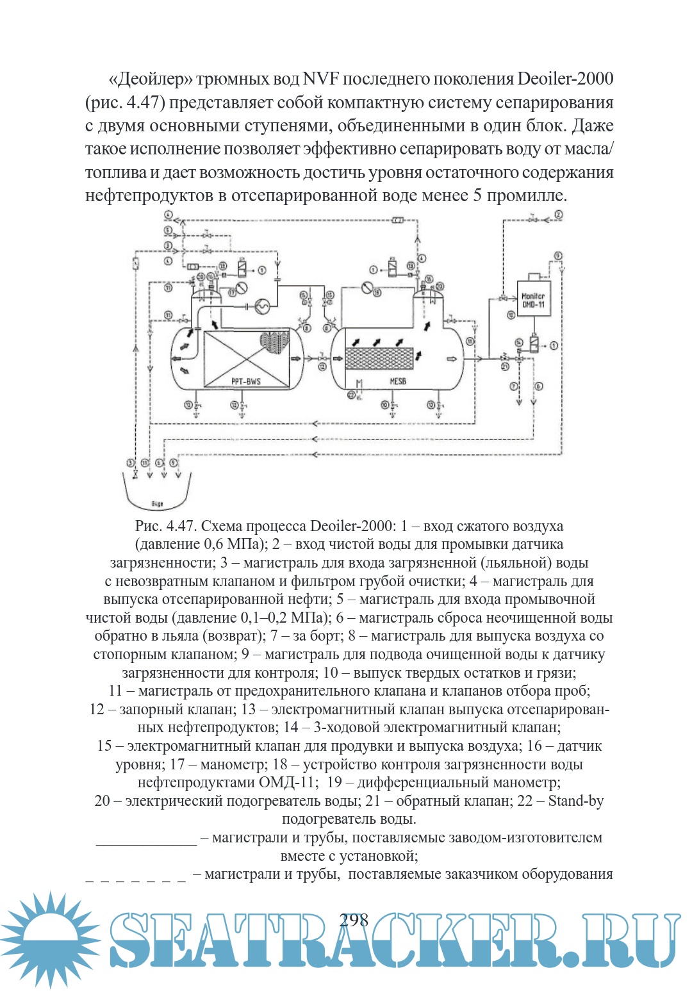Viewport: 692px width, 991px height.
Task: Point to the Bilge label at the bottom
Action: tap(157, 504)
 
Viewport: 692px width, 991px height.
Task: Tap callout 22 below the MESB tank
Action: tap(350, 395)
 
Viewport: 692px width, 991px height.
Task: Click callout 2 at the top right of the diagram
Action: tap(559, 215)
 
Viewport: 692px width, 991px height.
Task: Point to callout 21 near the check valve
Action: tap(505, 366)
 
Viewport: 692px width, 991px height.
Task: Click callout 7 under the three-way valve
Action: tap(514, 386)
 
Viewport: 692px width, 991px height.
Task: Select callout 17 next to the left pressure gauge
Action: tap(232, 292)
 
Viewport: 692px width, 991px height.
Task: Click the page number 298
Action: tap(354, 921)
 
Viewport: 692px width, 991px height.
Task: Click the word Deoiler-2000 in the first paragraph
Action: tap(565, 79)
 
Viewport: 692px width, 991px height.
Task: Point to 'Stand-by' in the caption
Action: tap(575, 801)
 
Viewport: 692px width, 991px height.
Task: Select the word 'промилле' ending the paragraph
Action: tap(527, 195)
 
